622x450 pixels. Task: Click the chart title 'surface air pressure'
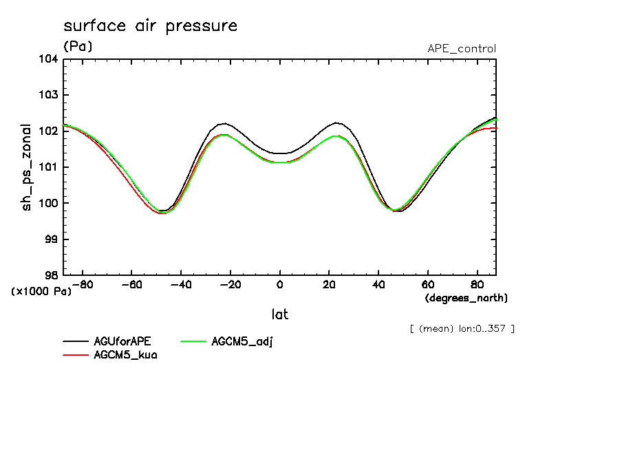(x=150, y=26)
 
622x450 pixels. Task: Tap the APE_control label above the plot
(x=461, y=49)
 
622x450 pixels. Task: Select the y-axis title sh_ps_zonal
(x=27, y=167)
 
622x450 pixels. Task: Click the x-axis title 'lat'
(x=279, y=314)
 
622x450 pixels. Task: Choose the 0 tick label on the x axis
(x=280, y=284)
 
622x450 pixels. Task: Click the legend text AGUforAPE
(x=121, y=342)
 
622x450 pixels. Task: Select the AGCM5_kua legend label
(x=125, y=356)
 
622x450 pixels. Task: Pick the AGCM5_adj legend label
(x=242, y=342)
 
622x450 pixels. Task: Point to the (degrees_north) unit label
(x=466, y=298)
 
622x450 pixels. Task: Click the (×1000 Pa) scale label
(x=41, y=292)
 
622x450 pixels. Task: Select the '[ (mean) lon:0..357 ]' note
(x=461, y=328)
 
